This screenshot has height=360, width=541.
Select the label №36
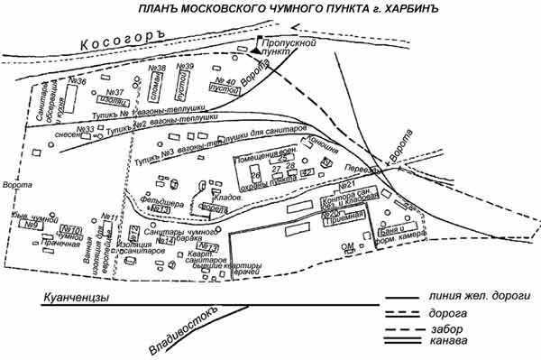point(76,82)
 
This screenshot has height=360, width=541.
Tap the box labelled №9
point(32,226)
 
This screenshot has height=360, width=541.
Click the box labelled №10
point(74,229)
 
